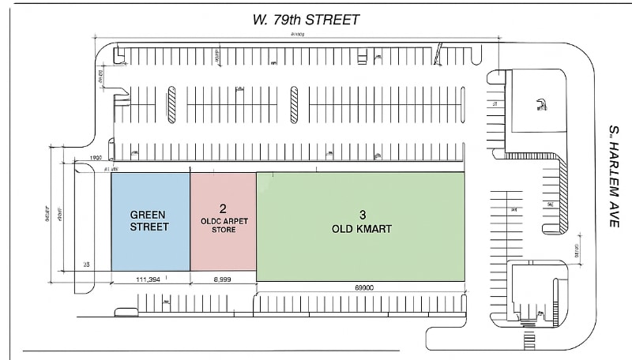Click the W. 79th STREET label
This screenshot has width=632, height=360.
point(307,20)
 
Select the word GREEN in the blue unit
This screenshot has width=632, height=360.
point(149,214)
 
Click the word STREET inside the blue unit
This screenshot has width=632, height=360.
point(149,227)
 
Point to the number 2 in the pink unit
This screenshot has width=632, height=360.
point(223,208)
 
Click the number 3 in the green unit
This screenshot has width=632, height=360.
point(363,215)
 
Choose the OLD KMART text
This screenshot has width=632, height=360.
point(363,229)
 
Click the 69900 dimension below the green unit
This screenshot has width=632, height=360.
point(363,288)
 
